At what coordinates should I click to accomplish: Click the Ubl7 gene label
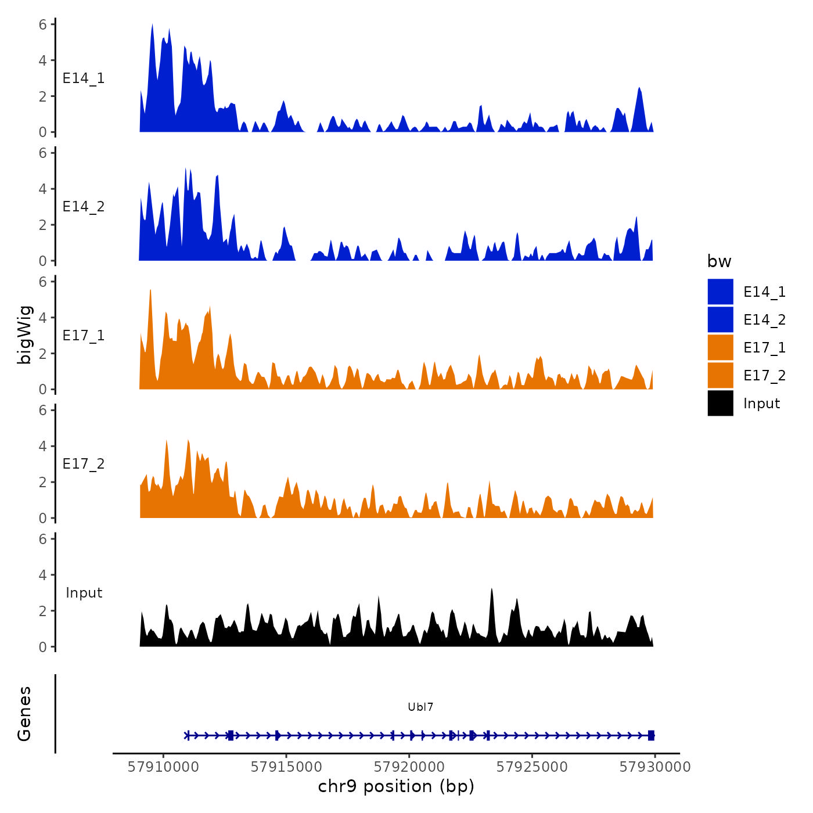[x=420, y=707]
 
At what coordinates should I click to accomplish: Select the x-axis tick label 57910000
[x=163, y=767]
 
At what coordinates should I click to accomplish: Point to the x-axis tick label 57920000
[x=409, y=767]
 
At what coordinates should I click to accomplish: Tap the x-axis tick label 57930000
[x=655, y=767]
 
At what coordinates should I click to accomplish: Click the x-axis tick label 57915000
[x=286, y=767]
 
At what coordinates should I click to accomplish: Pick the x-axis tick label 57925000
[x=532, y=767]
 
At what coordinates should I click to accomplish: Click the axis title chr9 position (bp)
[x=396, y=786]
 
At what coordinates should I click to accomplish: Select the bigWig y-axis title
[x=25, y=335]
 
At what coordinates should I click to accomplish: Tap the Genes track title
[x=25, y=714]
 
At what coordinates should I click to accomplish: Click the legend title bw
[x=719, y=262]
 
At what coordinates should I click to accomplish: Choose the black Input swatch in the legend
[x=720, y=403]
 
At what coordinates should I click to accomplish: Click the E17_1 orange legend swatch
[x=720, y=347]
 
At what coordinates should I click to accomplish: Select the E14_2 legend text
[x=764, y=320]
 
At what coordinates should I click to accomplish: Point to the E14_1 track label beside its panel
[x=84, y=78]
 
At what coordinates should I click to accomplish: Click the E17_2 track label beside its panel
[x=84, y=464]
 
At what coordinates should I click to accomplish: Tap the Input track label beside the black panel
[x=84, y=593]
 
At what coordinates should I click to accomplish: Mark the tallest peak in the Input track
[x=491, y=589]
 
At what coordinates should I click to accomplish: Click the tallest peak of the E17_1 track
[x=150, y=290]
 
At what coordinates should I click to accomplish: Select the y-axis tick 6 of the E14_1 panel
[x=43, y=24]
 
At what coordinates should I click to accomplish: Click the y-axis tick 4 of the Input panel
[x=43, y=575]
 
